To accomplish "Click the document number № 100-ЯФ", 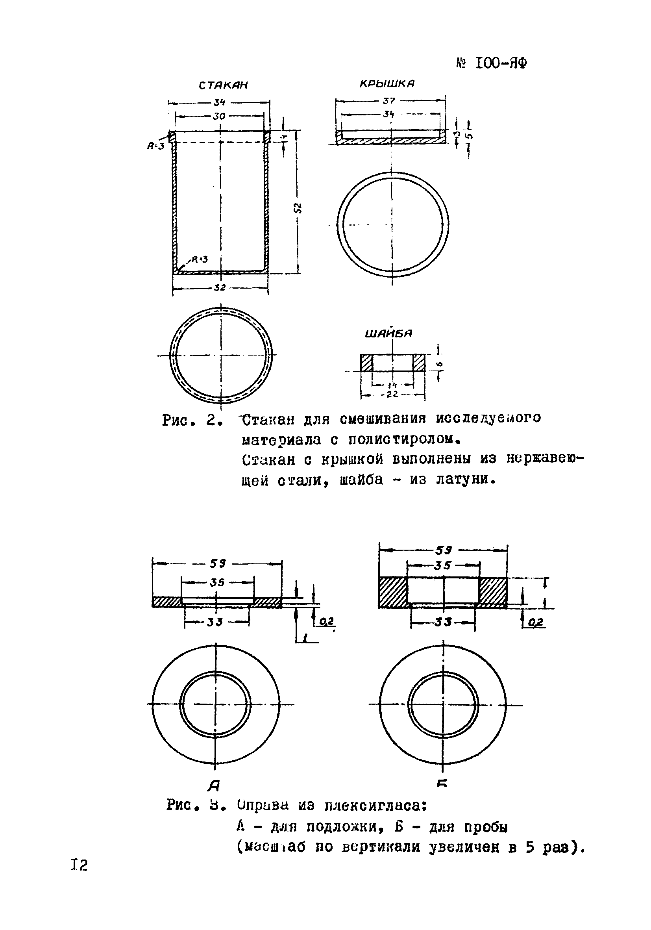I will [492, 64].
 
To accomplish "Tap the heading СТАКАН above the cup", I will [223, 85].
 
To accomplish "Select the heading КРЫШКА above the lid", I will [387, 84].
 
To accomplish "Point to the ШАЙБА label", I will [388, 334].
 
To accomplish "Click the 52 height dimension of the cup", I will [298, 208].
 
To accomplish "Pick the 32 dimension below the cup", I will [220, 288].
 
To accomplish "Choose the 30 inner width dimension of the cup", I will [219, 116].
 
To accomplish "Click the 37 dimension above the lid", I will [388, 101].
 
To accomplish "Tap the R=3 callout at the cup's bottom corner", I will [199, 259].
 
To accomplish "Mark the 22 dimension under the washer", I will [392, 394].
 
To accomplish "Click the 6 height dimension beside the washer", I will [441, 365].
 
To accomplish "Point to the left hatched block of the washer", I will [366, 363].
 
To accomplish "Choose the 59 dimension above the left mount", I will [217, 563].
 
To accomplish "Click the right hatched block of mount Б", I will [492, 592].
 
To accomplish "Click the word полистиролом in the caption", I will [402, 439].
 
